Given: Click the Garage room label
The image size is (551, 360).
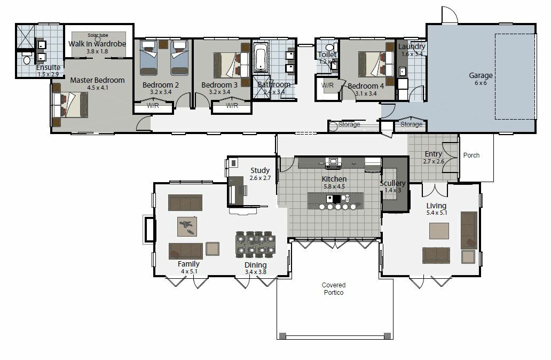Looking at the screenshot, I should (481, 75).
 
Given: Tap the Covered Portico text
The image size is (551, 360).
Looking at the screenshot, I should (334, 289).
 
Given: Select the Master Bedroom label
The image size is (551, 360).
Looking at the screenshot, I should (97, 80).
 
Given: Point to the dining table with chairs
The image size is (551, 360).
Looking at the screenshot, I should (255, 244).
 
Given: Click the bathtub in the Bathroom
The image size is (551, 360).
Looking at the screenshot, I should (261, 58).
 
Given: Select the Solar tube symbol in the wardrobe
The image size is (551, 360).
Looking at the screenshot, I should (98, 39).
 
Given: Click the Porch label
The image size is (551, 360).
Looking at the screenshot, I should (471, 155).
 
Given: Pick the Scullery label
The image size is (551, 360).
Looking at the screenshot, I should (392, 183).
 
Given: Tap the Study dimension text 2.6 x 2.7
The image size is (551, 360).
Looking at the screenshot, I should (260, 178).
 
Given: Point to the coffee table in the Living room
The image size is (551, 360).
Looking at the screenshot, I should (439, 231).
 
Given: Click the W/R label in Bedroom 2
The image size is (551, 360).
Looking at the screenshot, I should (153, 106).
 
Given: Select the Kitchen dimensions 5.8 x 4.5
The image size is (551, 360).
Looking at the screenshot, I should (334, 187).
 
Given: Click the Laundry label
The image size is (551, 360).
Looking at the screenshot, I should (412, 46).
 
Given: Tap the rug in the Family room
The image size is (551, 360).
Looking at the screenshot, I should (186, 226).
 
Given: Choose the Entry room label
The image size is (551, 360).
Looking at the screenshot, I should (433, 154).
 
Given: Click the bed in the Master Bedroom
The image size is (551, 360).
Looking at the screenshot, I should (72, 104).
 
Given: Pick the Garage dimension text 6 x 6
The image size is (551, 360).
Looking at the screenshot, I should (481, 83).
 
